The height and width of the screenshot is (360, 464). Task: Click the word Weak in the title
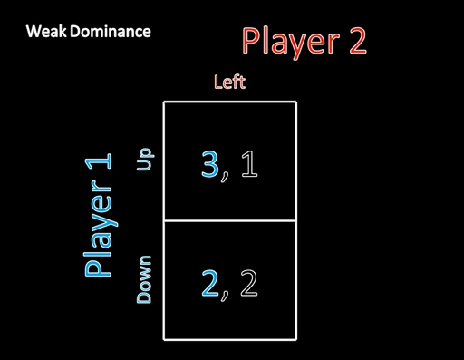(x=46, y=32)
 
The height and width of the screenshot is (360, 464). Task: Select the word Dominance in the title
(x=111, y=32)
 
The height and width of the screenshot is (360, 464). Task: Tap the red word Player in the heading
(x=291, y=43)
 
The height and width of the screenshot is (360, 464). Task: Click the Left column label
(x=230, y=82)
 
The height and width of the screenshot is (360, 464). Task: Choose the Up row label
(x=145, y=160)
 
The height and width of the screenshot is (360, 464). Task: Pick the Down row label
(x=144, y=279)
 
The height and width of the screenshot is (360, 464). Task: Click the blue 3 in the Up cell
(x=210, y=164)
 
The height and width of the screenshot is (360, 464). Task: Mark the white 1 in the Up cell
(x=249, y=164)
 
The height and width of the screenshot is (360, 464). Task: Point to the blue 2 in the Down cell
(x=210, y=283)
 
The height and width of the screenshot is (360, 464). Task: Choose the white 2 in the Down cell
(x=249, y=283)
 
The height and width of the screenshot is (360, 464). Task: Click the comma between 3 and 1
(x=225, y=176)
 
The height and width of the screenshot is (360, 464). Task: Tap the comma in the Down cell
(x=225, y=296)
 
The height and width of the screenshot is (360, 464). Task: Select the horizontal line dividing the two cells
(x=230, y=221)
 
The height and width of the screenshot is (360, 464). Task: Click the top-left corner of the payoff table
(x=164, y=102)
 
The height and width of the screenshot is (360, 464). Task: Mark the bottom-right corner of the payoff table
(x=296, y=340)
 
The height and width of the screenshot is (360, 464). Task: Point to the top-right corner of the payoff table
(x=296, y=102)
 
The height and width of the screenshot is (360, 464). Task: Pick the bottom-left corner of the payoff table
(x=164, y=340)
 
